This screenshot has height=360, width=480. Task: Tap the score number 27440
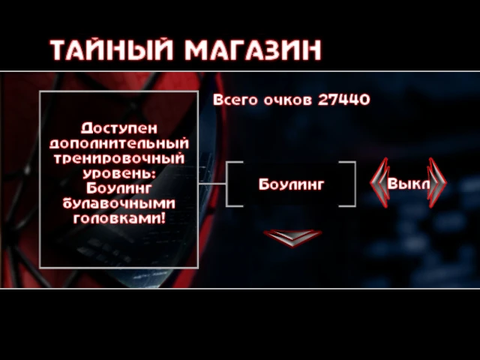pyautogui.click(x=344, y=100)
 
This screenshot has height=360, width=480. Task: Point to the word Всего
pyautogui.click(x=235, y=100)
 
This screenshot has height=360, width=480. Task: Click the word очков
pyautogui.click(x=287, y=100)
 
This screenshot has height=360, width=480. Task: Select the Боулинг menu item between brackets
pyautogui.click(x=291, y=184)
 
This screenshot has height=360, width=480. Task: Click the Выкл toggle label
pyautogui.click(x=408, y=184)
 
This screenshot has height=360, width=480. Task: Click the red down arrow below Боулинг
pyautogui.click(x=292, y=236)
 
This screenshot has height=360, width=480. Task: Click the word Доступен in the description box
pyautogui.click(x=118, y=127)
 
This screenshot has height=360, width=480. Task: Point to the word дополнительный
pyautogui.click(x=118, y=142)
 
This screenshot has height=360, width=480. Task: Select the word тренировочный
pyautogui.click(x=118, y=158)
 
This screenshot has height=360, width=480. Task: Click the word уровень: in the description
pyautogui.click(x=118, y=173)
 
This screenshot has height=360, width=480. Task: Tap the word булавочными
pyautogui.click(x=118, y=204)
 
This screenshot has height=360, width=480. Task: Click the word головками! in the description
pyautogui.click(x=118, y=220)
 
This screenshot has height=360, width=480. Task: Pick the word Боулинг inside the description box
pyautogui.click(x=118, y=188)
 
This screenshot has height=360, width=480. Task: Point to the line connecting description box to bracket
pyautogui.click(x=213, y=184)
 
